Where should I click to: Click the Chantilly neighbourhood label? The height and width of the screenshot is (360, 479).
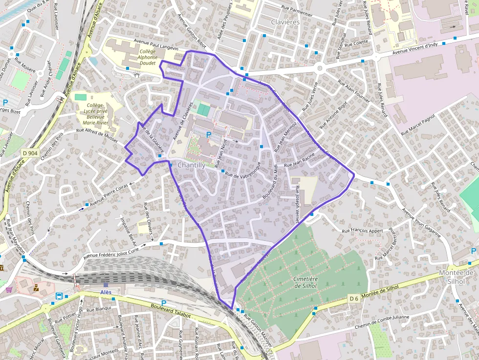coord(191,165)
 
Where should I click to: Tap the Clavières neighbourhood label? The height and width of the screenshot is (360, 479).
coord(285,22)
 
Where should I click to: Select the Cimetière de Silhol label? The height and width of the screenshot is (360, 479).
coord(306,282)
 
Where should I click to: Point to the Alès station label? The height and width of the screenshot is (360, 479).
coord(106,292)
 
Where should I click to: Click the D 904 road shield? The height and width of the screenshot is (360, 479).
coord(30,153)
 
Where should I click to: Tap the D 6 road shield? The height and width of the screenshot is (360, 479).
coord(354,298)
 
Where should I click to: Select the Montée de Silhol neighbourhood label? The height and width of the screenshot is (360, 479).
coord(457,276)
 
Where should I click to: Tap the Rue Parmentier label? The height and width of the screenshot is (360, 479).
coord(300,9)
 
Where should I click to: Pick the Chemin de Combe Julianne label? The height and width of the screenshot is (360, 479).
coord(382,326)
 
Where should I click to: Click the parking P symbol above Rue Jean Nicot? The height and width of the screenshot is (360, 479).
coord(209,134)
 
